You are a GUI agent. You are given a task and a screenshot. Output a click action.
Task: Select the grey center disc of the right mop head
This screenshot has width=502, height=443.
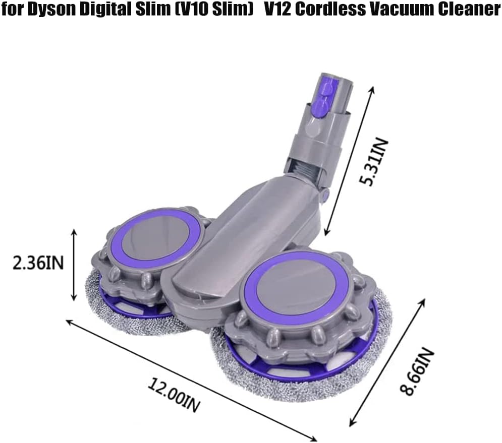click(295, 289)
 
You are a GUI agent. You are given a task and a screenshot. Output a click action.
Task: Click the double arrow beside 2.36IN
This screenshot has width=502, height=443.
click(74, 264)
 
